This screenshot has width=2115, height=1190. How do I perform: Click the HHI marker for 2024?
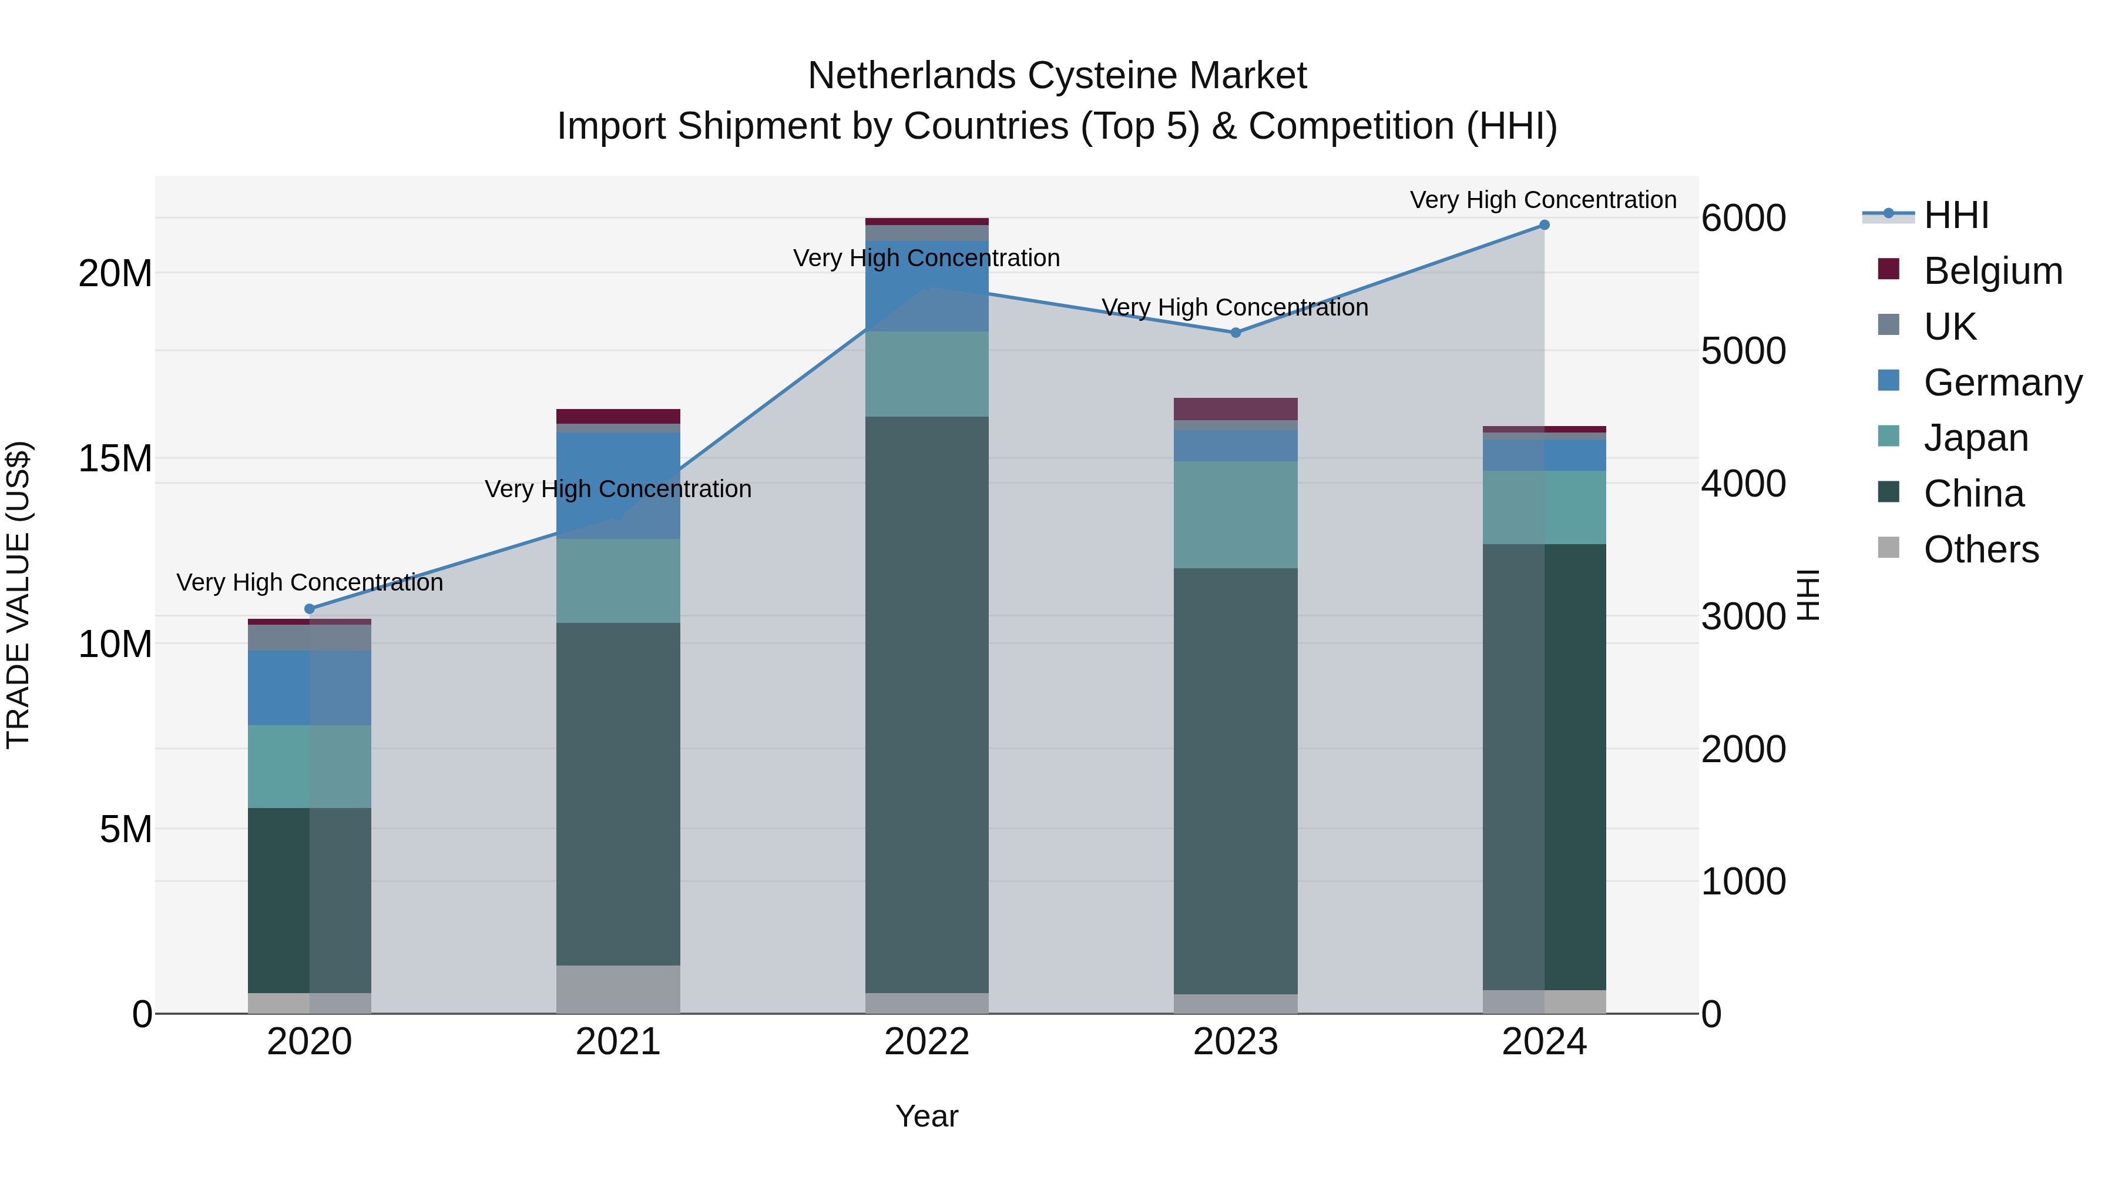point(1543,225)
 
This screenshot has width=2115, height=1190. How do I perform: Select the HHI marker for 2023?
point(1235,333)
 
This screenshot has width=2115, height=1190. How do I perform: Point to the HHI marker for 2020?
point(310,609)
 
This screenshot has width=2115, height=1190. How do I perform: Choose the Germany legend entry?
point(2002,383)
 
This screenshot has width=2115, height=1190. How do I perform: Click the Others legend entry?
point(1980,549)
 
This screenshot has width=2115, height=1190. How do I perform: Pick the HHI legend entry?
point(1956,215)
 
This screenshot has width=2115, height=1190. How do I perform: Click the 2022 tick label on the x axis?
point(926,1042)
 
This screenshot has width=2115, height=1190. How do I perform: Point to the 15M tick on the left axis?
point(115,458)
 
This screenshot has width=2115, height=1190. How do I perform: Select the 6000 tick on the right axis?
point(1743,219)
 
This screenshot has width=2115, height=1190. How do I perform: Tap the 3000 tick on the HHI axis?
point(1743,617)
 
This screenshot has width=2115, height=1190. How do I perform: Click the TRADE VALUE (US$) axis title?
point(18,595)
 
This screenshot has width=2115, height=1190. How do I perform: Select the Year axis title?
point(926,1116)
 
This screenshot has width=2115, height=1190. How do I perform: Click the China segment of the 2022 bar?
point(926,704)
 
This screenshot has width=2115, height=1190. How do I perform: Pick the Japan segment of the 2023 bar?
point(1235,514)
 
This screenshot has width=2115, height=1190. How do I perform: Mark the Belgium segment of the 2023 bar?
point(1235,409)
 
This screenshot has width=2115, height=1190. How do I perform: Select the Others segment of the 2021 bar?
point(618,989)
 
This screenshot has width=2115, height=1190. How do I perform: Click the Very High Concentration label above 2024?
point(1543,200)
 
